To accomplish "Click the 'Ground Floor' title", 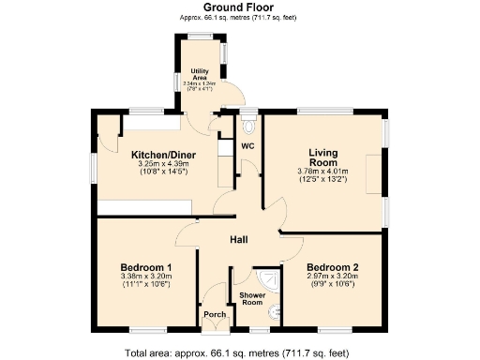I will pyautogui.click(x=239, y=7).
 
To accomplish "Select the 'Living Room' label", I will pyautogui.click(x=322, y=157).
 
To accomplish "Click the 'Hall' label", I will pyautogui.click(x=239, y=241).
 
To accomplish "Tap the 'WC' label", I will pyautogui.click(x=248, y=147).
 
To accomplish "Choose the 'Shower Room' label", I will pyautogui.click(x=250, y=297).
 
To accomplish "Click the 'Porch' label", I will pyautogui.click(x=216, y=314).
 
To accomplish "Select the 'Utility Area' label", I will pyautogui.click(x=199, y=74).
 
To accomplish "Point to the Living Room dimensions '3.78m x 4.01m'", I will pyautogui.click(x=322, y=172).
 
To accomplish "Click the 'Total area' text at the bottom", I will pyautogui.click(x=239, y=352).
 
